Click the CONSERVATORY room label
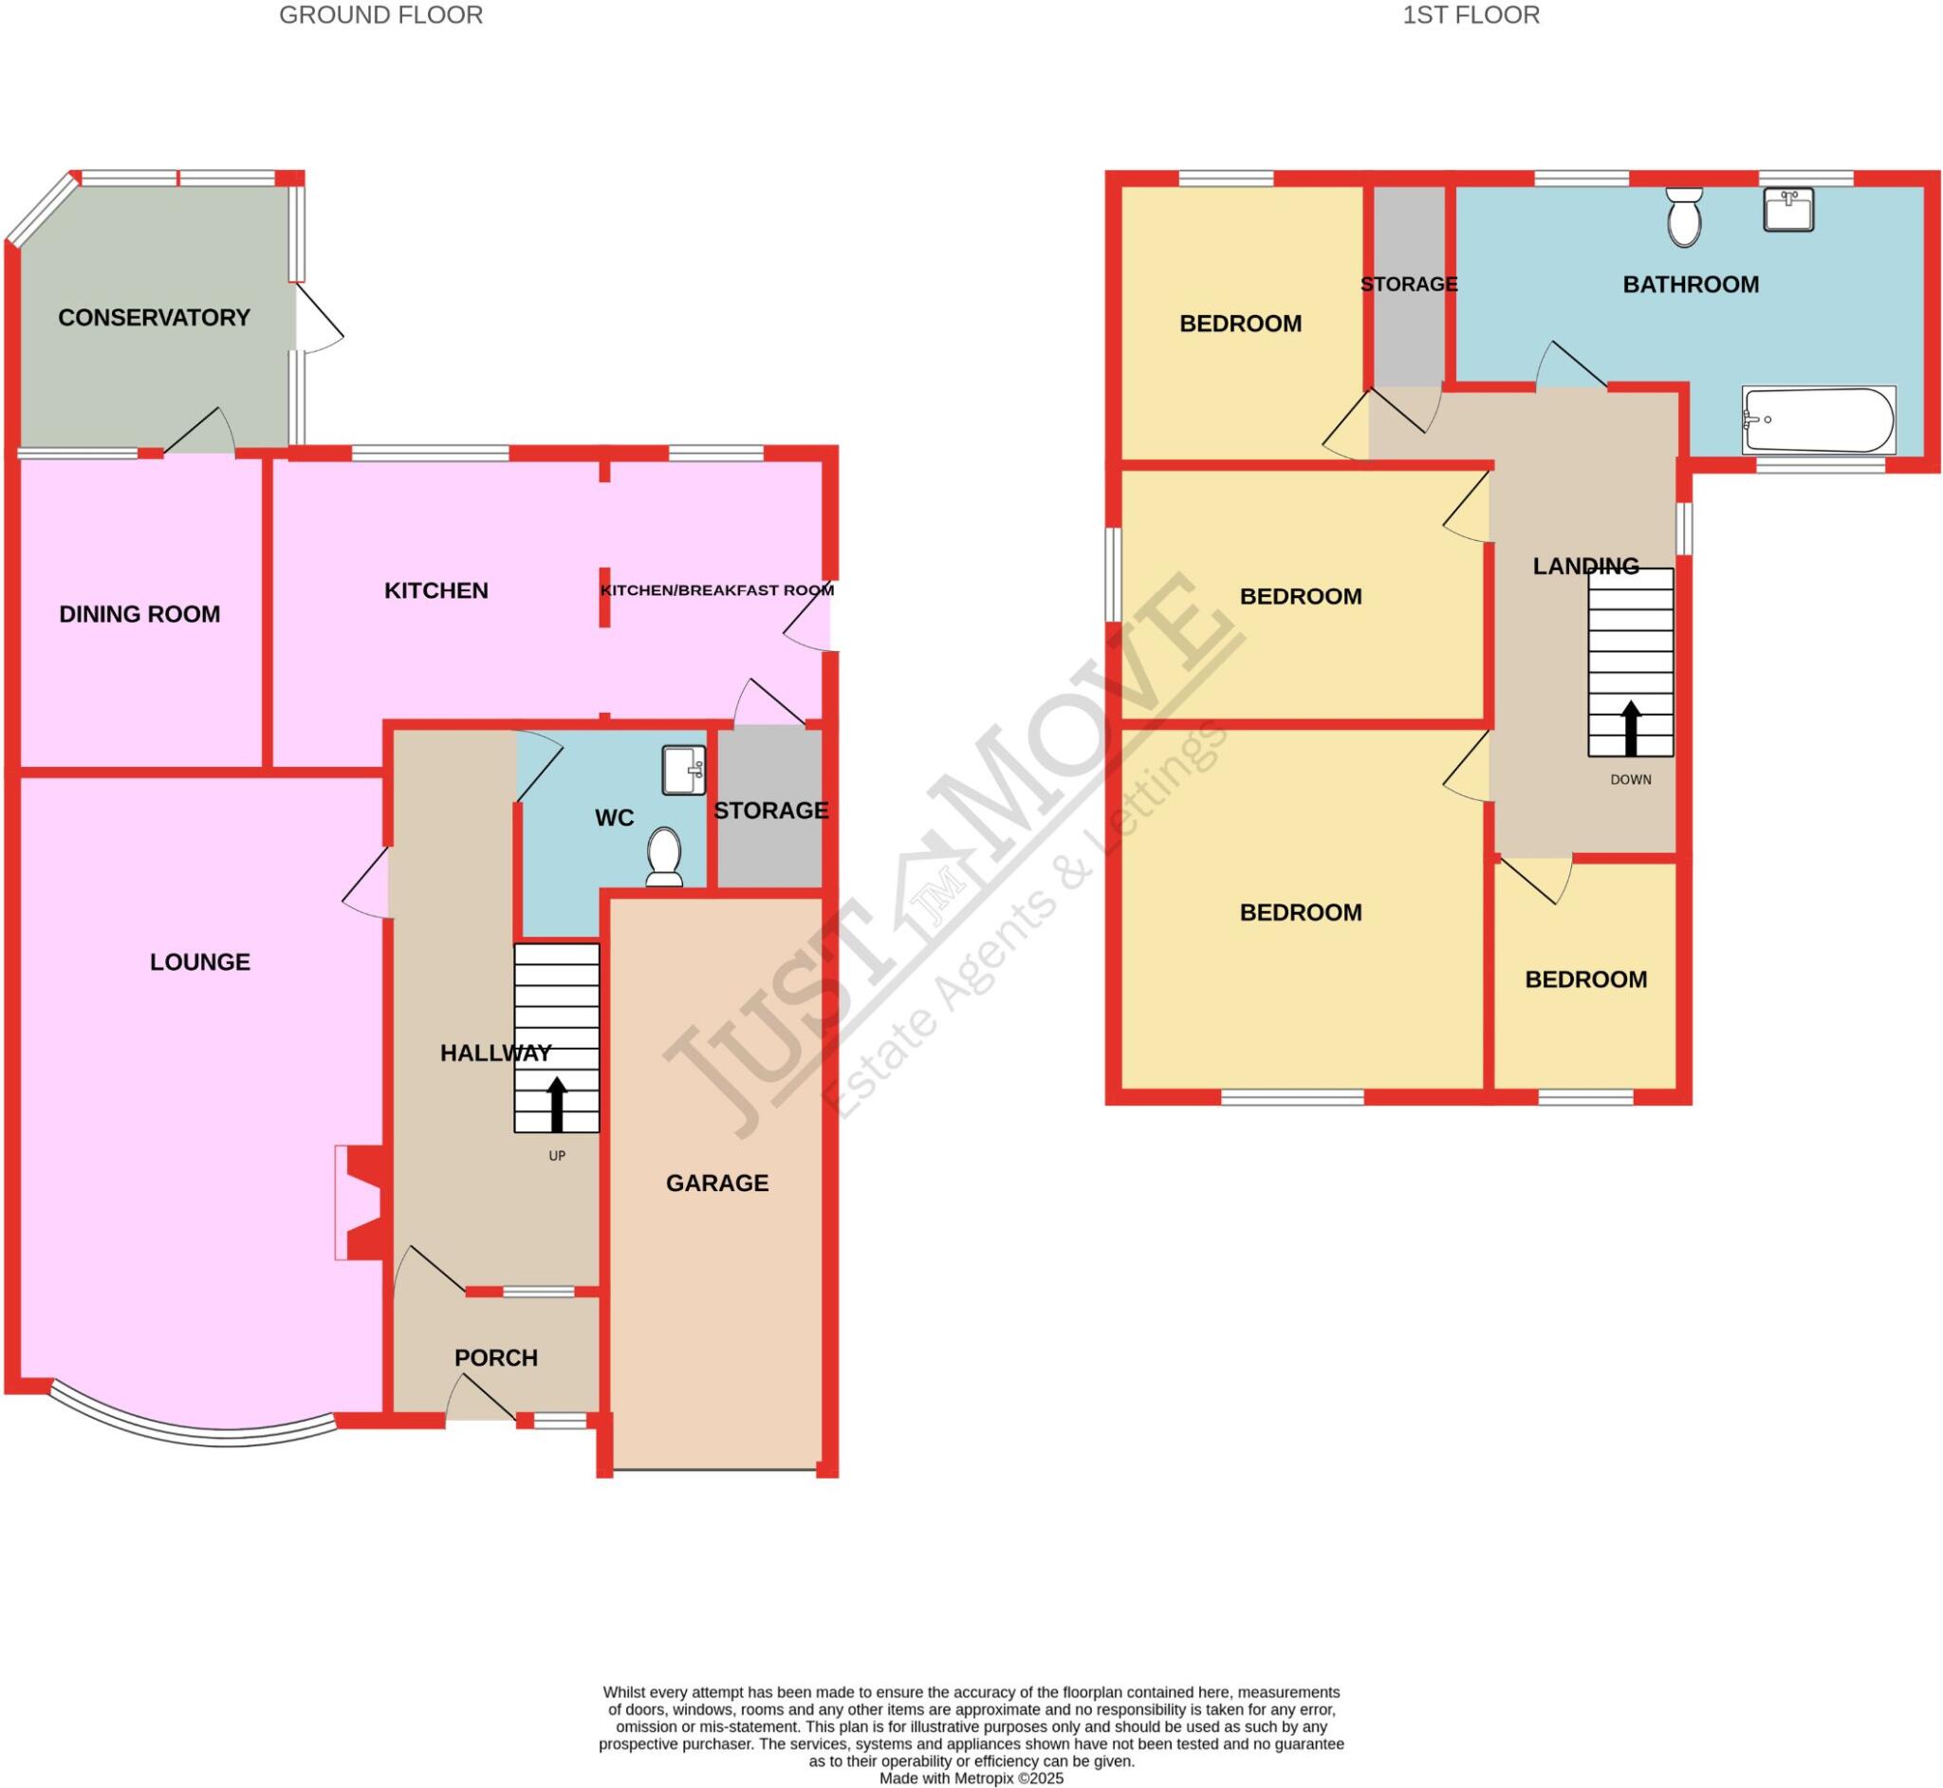154,317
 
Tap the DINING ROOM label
139,613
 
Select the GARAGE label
716,1183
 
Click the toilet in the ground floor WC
663,856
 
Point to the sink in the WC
683,771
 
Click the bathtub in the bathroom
1817,419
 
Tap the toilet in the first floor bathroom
1685,216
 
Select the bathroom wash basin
1787,209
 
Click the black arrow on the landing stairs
1631,729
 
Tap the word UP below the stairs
556,1155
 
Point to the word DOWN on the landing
1631,780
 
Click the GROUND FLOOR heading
380,15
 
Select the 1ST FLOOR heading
1471,15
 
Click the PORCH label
495,1357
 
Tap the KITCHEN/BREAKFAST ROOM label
716,590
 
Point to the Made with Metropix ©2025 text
971,1779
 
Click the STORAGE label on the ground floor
770,810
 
